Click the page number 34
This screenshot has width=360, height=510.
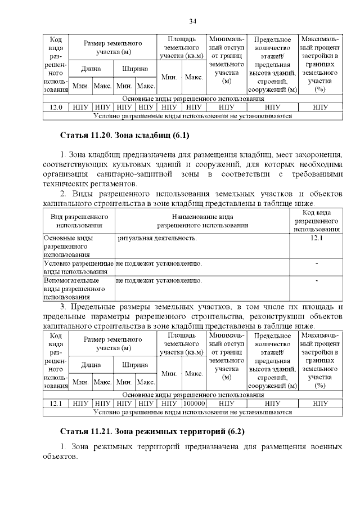click(x=192, y=21)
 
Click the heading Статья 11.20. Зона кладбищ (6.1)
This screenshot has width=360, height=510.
click(x=125, y=136)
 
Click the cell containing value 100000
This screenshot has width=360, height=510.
click(x=194, y=403)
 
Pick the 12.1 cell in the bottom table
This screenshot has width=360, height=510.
click(x=56, y=403)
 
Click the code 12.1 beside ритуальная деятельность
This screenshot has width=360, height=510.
click(x=317, y=239)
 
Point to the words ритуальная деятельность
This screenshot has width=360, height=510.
click(x=157, y=239)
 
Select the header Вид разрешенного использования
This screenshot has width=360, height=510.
click(x=79, y=221)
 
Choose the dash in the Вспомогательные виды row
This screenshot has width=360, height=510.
click(x=317, y=280)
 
